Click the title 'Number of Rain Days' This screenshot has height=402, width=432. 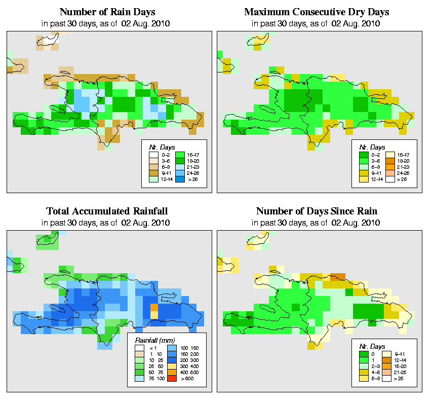point(107,12)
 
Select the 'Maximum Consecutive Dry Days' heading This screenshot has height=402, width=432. point(317,12)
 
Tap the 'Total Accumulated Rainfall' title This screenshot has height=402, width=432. point(107,211)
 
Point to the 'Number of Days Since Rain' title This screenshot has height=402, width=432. point(317,211)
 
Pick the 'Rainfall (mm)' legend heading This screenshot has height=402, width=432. point(152,339)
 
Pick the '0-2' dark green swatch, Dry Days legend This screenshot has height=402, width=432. point(363,154)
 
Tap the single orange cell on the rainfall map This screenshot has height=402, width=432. point(154,307)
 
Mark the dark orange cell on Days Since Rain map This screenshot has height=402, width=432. point(338,277)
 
